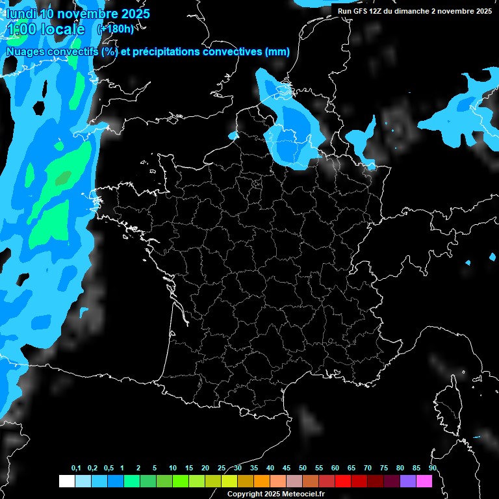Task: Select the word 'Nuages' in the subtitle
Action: pos(24,52)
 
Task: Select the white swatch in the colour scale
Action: pos(66,481)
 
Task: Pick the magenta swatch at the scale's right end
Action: pos(424,481)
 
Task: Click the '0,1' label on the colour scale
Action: pos(76,468)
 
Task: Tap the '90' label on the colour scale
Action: pos(432,468)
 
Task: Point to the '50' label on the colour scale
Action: pos(303,468)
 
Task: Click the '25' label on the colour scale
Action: pos(222,468)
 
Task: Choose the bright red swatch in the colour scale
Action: pos(343,481)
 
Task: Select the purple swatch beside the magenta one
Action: pos(408,481)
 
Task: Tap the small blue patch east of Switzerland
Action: pos(468,262)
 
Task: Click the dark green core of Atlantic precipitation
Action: pos(63,177)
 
